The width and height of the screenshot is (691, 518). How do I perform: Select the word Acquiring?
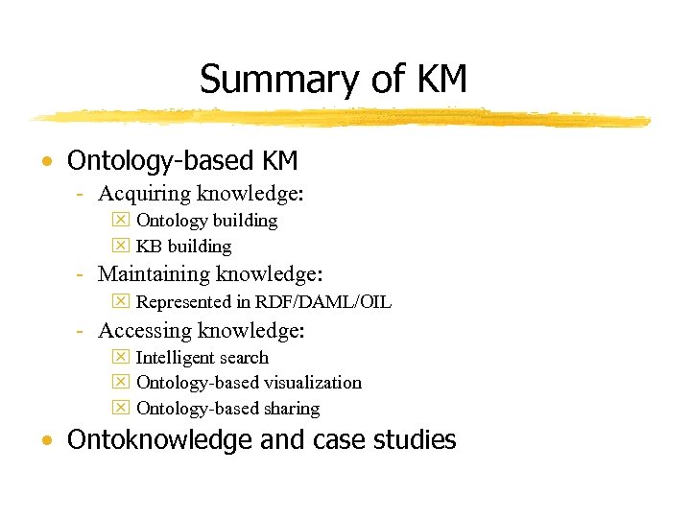pos(144,194)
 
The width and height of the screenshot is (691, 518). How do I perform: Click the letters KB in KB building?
pos(150,247)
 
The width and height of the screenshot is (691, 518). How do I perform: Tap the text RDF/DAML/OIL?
pos(323,302)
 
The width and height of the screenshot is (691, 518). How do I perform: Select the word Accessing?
pos(145,331)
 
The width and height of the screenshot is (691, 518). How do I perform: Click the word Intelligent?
pos(175,358)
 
